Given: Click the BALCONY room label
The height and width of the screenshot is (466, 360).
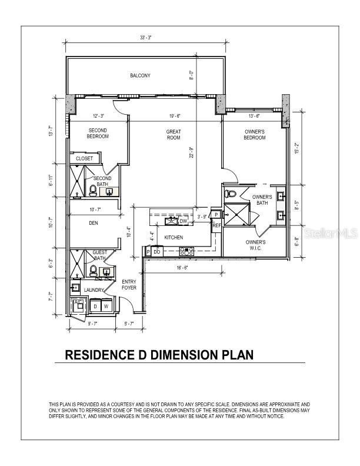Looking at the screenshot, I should click(x=141, y=75).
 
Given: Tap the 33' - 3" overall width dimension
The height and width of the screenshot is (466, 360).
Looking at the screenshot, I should click(x=146, y=38).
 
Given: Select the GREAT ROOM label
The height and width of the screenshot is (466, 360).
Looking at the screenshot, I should click(x=174, y=135).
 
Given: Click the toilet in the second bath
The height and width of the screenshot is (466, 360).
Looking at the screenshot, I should click(x=94, y=189).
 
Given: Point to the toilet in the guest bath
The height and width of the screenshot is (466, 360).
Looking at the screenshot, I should click(x=93, y=270).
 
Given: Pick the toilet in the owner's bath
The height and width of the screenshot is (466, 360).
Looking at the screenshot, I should click(x=231, y=194).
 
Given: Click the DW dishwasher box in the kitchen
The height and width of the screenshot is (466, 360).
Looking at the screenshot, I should click(x=184, y=221).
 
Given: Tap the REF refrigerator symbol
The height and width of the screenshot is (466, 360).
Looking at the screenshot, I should click(x=216, y=225).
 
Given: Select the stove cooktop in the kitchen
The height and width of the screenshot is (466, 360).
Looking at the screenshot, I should click(x=186, y=251).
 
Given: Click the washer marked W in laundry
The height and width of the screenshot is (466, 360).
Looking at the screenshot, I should click(x=106, y=307).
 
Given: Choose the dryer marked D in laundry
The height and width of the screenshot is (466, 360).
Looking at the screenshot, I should click(x=94, y=307).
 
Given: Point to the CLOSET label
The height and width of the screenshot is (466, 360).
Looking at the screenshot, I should click(x=84, y=158).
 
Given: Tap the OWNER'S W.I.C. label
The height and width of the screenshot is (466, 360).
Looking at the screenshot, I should click(x=255, y=245).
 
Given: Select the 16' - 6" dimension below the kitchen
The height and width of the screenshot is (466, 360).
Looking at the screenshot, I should click(x=181, y=268).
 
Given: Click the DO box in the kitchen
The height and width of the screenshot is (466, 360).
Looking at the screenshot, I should click(x=157, y=252).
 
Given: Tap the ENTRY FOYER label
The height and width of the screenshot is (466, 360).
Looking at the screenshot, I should click(x=129, y=285).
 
